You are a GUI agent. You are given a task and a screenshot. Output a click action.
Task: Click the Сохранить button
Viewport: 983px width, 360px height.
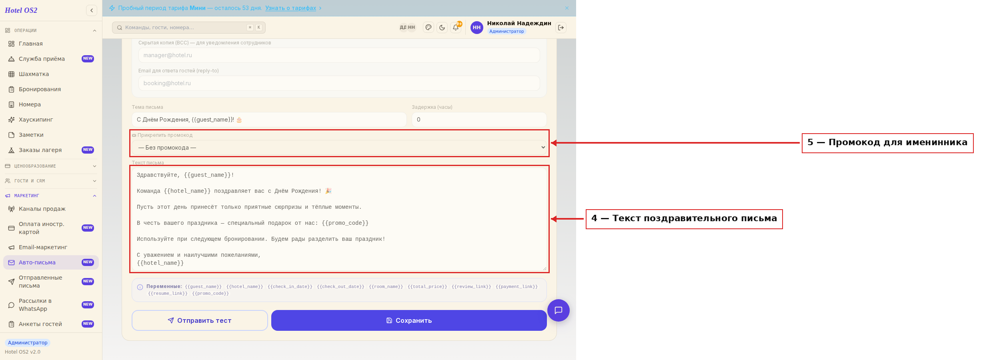pyautogui.click(x=409, y=320)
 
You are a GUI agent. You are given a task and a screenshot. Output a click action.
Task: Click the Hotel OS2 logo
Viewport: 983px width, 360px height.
pyautogui.click(x=21, y=10)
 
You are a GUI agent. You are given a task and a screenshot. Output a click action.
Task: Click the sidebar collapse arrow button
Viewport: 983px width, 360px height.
pyautogui.click(x=92, y=10)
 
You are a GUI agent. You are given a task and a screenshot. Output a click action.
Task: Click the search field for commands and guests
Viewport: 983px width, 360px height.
pyautogui.click(x=189, y=28)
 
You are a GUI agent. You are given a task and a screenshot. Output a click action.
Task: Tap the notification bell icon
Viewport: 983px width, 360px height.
pyautogui.click(x=456, y=28)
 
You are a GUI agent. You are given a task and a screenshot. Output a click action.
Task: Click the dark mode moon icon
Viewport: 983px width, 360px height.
pyautogui.click(x=442, y=28)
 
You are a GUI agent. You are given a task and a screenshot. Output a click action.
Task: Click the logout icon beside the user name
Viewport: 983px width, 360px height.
pyautogui.click(x=561, y=28)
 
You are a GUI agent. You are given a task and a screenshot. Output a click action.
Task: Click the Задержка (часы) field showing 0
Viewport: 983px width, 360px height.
pyautogui.click(x=479, y=120)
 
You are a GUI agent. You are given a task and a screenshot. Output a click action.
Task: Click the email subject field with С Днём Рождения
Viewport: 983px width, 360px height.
pyautogui.click(x=269, y=120)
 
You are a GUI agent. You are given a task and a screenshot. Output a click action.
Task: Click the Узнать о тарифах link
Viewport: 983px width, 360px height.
pyautogui.click(x=290, y=8)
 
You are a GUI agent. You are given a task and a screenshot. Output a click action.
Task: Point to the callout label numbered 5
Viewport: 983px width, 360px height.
pyautogui.click(x=887, y=143)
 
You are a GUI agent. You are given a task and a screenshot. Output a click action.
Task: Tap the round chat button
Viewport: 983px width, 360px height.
pyautogui.click(x=559, y=310)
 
